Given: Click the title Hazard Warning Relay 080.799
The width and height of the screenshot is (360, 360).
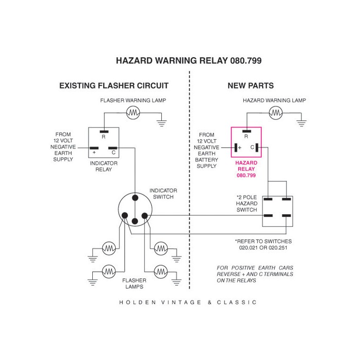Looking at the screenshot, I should (188, 61).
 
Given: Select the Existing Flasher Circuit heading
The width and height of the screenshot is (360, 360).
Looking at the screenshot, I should (114, 86).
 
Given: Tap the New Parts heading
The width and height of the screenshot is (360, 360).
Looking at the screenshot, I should (251, 86).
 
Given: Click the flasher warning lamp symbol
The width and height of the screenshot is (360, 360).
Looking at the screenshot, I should (134, 112).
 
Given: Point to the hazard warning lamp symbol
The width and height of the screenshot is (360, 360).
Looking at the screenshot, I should (276, 112).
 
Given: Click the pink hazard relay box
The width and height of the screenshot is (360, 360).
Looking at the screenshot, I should (246, 142).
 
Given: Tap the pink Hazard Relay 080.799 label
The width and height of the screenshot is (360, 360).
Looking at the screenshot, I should (247, 169).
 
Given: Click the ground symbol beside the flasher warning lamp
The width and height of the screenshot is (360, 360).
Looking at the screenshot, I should (162, 123).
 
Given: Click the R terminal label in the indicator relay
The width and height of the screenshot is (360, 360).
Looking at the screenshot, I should (104, 137).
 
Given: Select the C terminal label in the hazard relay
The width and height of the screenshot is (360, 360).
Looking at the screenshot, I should (252, 147).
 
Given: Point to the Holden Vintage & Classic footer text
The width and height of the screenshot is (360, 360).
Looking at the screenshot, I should (188, 302).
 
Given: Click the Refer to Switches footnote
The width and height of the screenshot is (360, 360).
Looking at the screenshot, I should (263, 244).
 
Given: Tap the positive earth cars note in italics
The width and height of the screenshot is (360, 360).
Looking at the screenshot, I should (255, 274).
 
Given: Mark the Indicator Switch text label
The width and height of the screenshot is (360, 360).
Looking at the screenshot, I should (163, 194).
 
